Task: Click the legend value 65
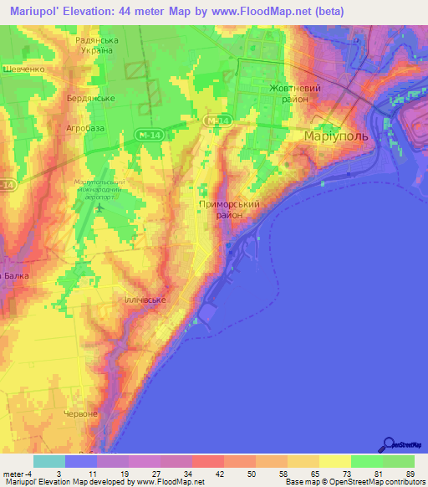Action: (302, 474)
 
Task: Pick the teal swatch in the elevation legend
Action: (49, 461)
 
